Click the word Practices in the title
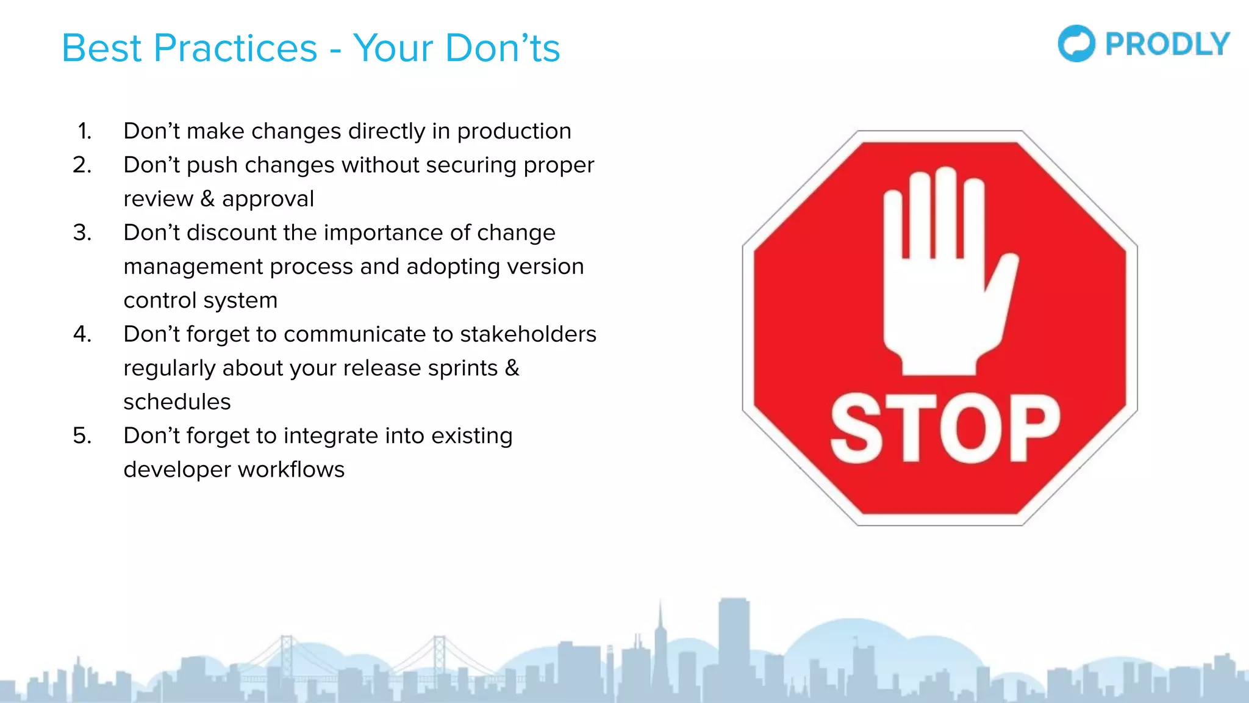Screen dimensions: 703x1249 tap(235, 48)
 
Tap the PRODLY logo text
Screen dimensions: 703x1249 tap(1167, 45)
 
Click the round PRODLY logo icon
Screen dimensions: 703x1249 tap(1076, 43)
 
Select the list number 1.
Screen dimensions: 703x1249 tap(85, 131)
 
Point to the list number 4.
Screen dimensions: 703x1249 tap(82, 334)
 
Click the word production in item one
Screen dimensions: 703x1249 tap(514, 131)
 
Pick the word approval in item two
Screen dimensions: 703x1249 tap(268, 199)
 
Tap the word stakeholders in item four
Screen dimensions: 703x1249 tap(528, 334)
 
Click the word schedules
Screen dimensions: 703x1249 tap(177, 402)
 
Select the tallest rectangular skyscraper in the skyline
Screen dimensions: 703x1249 tap(734, 641)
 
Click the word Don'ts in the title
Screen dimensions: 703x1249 tap(503, 48)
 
